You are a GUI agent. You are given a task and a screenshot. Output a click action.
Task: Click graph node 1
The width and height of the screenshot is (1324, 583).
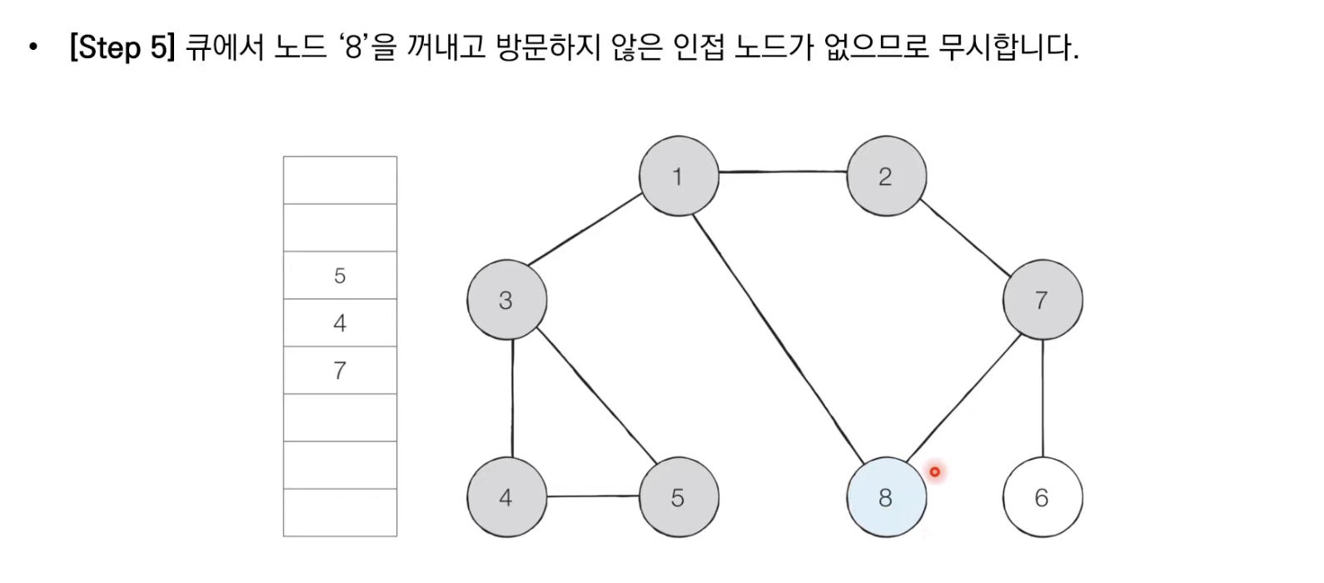tap(678, 177)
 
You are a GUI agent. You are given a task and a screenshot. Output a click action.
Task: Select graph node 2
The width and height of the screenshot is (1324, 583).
tap(885, 177)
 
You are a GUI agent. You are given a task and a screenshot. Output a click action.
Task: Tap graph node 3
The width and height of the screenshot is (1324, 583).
tap(506, 301)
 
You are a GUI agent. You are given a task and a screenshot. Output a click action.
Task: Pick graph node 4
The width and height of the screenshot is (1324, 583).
tap(506, 497)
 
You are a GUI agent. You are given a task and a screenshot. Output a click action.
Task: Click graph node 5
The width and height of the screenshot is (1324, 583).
tap(678, 497)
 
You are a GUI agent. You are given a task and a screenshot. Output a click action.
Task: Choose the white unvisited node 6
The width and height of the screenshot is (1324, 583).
tap(1042, 497)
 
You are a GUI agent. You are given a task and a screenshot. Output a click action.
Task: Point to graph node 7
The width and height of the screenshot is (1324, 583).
tap(1042, 301)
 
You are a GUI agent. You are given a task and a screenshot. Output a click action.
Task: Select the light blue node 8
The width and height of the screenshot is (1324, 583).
tap(885, 497)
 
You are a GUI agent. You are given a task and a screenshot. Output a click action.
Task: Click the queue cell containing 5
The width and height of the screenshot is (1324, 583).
tap(340, 276)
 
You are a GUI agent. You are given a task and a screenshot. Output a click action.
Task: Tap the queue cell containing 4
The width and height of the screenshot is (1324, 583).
tap(340, 323)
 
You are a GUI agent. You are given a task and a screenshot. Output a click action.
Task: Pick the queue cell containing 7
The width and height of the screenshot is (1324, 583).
tap(340, 371)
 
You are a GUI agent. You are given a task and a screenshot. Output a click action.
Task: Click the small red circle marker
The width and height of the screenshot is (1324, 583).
tap(935, 472)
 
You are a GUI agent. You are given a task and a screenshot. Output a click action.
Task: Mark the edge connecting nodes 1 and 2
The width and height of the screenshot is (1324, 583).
tap(783, 172)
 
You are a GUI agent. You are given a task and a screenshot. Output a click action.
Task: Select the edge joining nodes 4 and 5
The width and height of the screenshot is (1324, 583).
tap(593, 496)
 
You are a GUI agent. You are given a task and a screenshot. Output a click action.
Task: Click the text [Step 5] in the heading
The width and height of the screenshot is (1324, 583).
tap(122, 47)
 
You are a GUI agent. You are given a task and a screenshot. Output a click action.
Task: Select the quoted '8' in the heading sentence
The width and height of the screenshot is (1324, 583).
tap(354, 47)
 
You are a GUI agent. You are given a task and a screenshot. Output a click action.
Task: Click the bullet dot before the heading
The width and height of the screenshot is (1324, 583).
tap(33, 47)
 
